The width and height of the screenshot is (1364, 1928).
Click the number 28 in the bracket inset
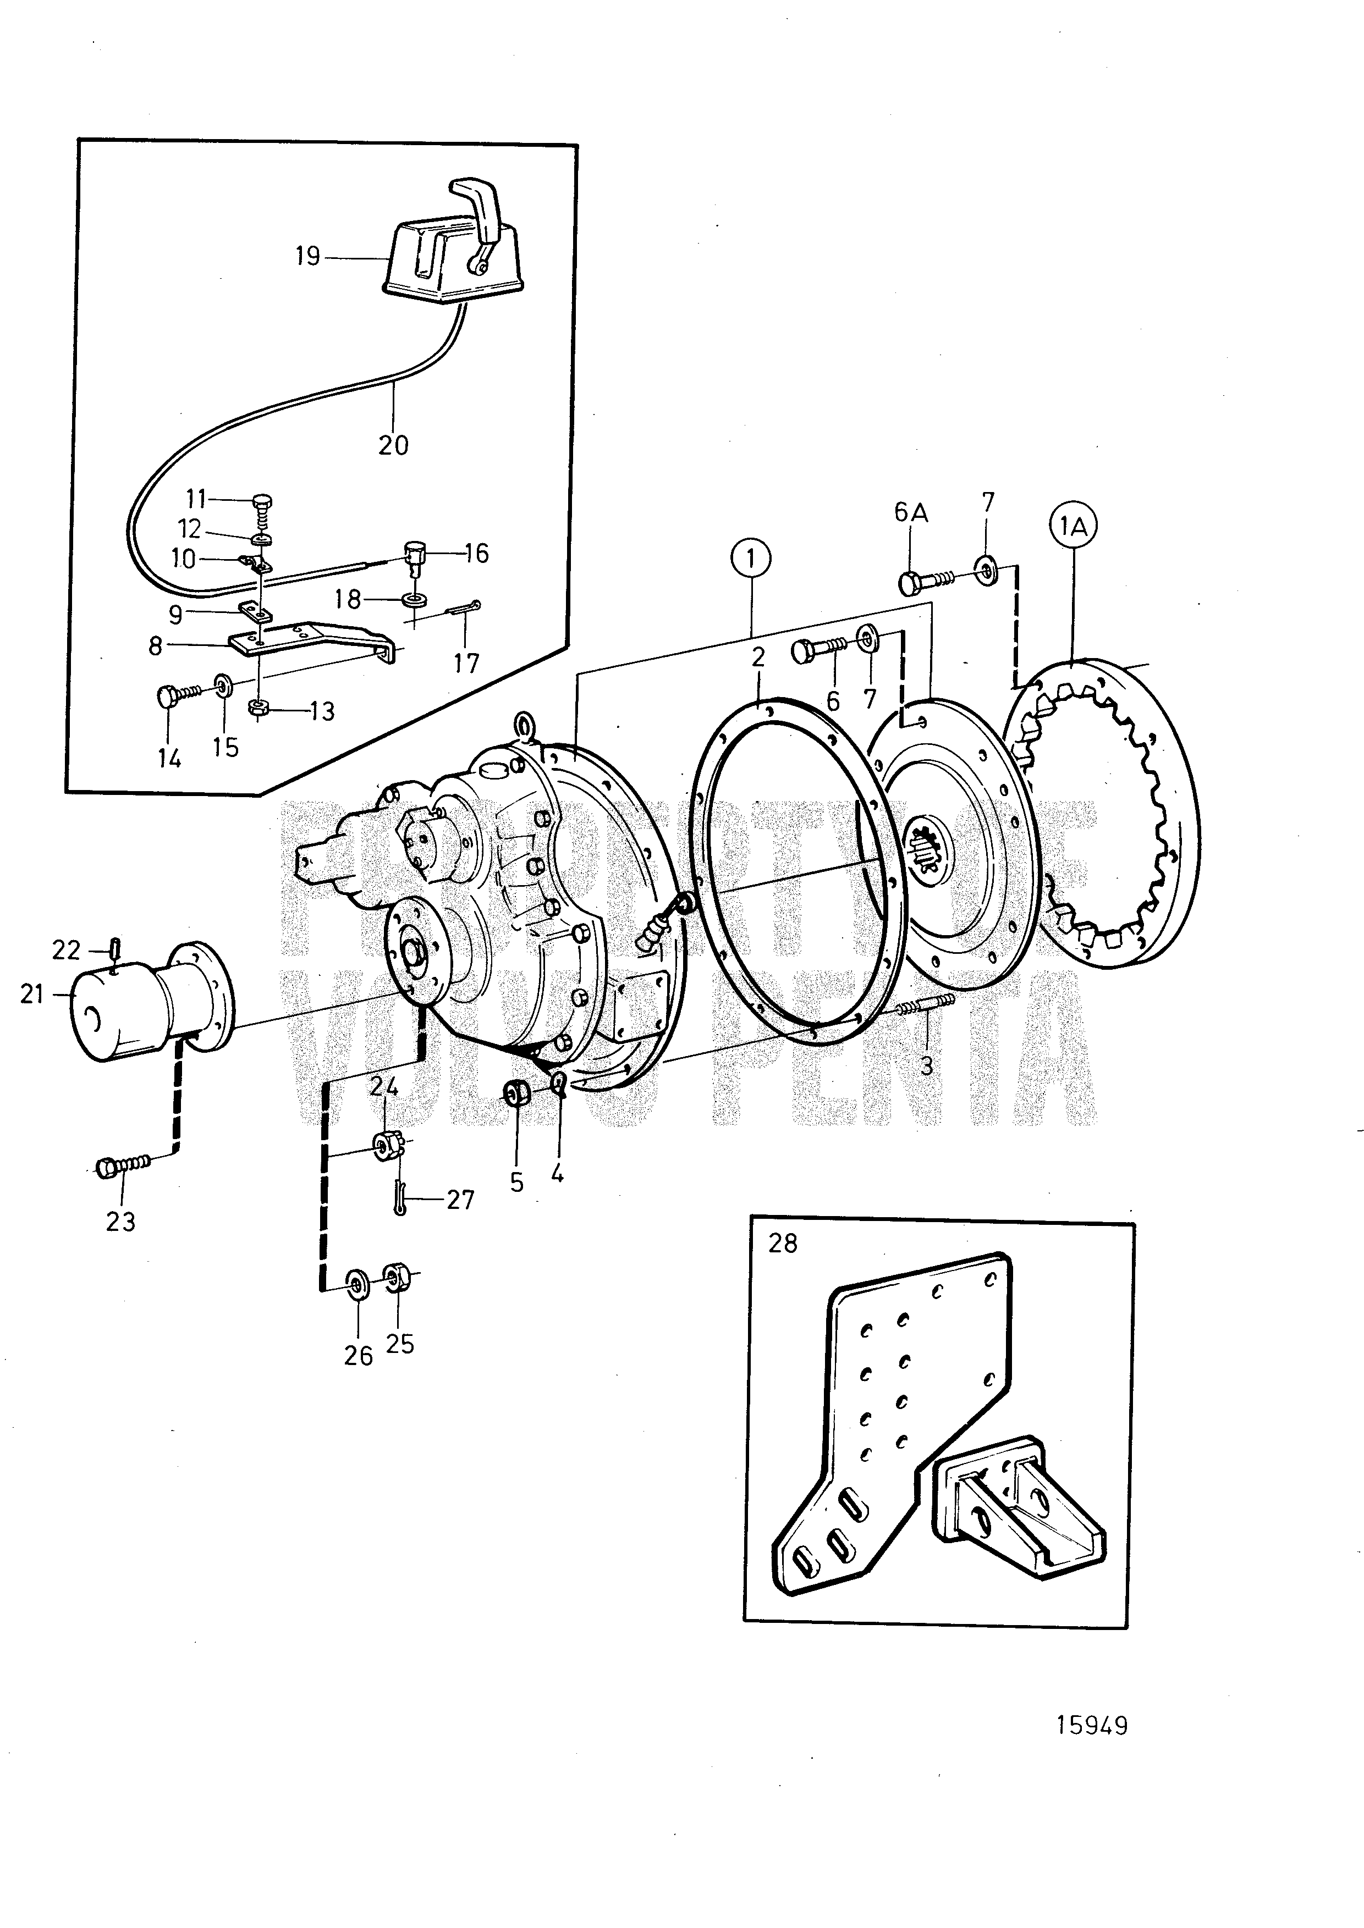click(782, 1243)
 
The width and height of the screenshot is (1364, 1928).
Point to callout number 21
click(32, 995)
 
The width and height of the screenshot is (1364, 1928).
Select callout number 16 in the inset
click(476, 554)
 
